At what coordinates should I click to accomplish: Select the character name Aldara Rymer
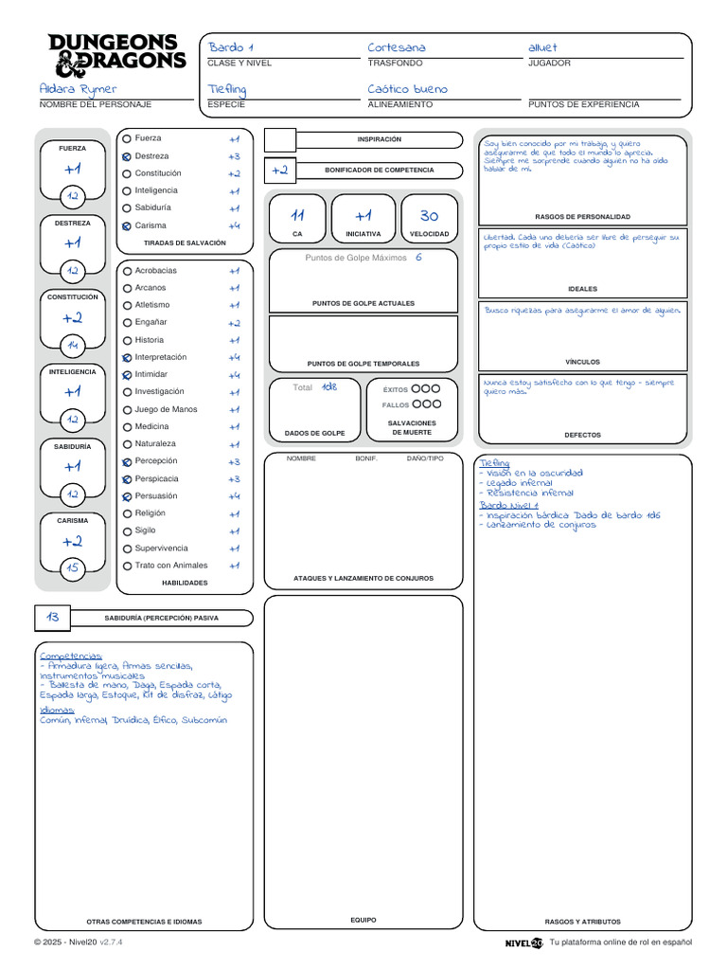click(79, 89)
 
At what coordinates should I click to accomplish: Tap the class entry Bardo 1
click(231, 47)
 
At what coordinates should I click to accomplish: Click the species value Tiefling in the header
click(227, 89)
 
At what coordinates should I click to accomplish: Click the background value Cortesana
click(397, 47)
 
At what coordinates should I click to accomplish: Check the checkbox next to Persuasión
click(127, 496)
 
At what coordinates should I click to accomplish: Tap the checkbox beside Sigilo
click(127, 531)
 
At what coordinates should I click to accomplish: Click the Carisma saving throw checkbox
click(127, 225)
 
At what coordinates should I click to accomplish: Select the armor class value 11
click(297, 216)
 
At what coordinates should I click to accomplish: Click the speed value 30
click(429, 216)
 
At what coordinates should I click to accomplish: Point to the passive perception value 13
click(53, 617)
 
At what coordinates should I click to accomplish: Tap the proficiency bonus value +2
click(279, 171)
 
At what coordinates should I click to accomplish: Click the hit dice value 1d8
click(328, 386)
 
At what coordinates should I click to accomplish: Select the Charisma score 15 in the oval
click(72, 568)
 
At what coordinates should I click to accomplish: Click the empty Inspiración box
click(279, 140)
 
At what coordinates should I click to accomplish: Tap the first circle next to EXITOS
click(416, 388)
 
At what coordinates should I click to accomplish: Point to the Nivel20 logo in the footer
click(523, 943)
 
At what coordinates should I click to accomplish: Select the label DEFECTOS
click(582, 435)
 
